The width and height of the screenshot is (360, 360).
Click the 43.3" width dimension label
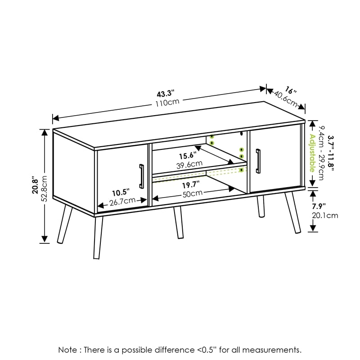[165, 94]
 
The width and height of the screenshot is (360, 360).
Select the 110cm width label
[165, 103]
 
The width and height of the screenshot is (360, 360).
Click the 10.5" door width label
[120, 192]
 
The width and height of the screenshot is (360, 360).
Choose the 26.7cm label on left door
[122, 201]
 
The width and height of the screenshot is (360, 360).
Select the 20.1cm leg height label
[325, 215]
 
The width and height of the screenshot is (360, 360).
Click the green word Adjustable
[311, 153]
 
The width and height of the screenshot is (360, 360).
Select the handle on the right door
[258, 161]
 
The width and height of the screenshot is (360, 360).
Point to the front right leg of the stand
[178, 223]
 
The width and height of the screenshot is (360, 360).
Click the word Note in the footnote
[67, 349]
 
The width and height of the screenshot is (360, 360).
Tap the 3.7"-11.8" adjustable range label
[331, 153]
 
